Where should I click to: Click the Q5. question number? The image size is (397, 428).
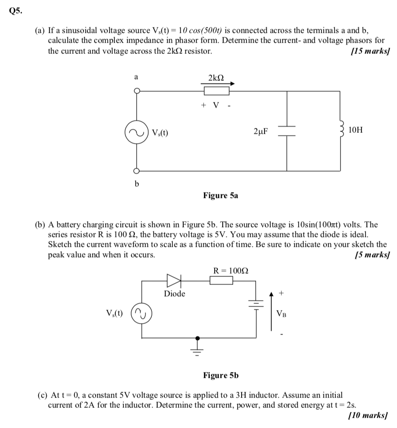pos(15,12)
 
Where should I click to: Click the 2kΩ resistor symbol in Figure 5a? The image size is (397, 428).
pos(216,91)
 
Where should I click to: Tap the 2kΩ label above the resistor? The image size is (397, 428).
pos(216,78)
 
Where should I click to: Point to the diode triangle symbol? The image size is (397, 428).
pos(173,281)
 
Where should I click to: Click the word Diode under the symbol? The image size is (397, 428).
pos(174,294)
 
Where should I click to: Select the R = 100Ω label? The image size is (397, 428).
pos(231,270)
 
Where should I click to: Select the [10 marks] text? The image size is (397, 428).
pos(368,415)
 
